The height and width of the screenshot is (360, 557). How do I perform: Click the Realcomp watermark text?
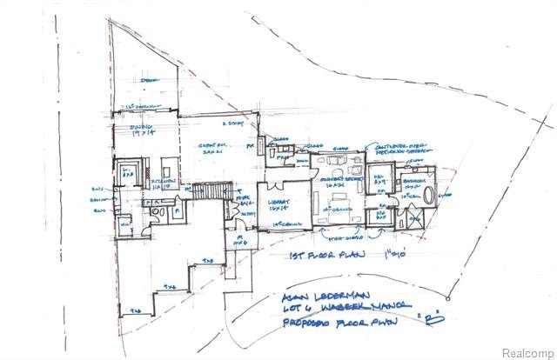point(527,349)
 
